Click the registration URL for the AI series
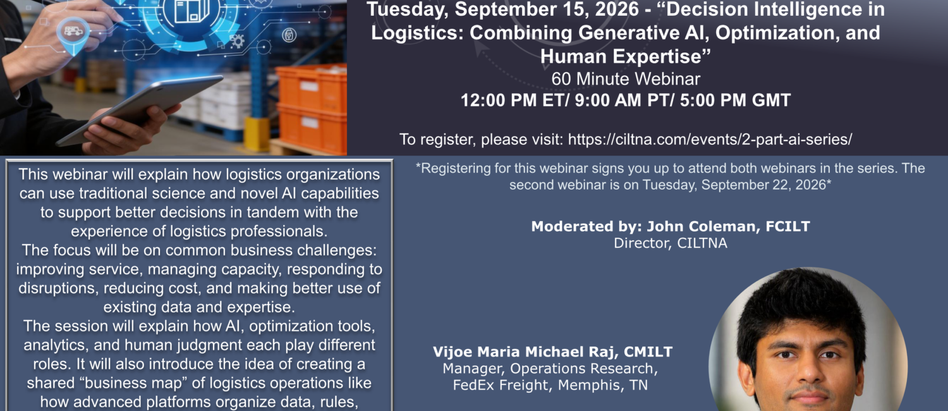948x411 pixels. pos(710,139)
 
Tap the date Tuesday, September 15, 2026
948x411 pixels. pos(503,9)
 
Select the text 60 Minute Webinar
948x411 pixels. pos(626,79)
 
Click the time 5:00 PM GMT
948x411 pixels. pos(735,101)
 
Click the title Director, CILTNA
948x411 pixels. pos(671,243)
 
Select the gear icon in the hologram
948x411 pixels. pos(237,41)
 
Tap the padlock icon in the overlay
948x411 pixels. pos(289,35)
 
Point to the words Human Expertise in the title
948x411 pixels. pos(625,57)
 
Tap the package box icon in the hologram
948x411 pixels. pos(193,11)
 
